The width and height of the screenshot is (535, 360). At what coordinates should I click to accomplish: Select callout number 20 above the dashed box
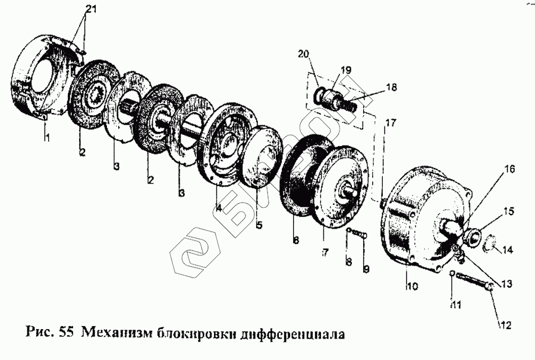pos(304,55)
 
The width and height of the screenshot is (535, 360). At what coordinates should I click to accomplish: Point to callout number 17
pos(389,124)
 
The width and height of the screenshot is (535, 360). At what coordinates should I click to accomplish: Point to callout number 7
pos(325,253)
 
